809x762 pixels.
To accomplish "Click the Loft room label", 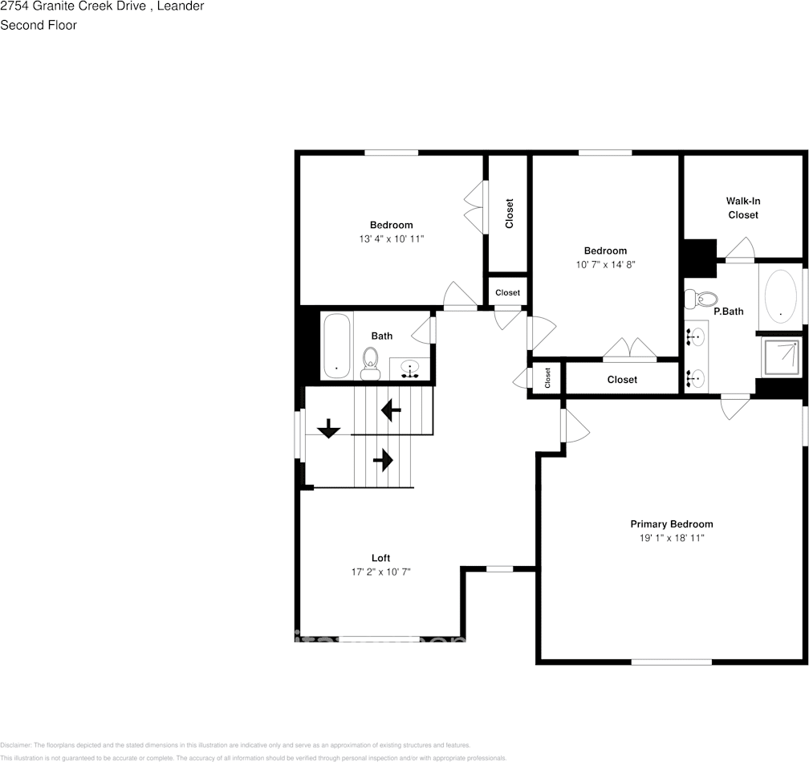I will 380,558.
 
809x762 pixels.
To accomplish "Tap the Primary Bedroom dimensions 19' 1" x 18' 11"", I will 671,538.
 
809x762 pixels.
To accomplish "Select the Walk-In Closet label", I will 742,208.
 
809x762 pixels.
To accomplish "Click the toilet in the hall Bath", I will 371,362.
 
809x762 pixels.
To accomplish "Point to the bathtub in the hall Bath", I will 336,345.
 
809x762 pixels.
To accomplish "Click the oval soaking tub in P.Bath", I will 781,295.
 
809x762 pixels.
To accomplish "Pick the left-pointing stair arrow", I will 391,411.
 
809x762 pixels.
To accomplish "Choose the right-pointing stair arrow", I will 383,460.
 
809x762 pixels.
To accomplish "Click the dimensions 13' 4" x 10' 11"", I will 391,239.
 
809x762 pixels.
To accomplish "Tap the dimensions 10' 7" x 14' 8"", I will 605,264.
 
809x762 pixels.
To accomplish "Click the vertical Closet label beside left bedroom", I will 509,214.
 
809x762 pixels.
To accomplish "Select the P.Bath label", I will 729,312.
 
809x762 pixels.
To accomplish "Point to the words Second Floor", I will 39,25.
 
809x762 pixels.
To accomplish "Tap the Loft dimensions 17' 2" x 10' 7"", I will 380,572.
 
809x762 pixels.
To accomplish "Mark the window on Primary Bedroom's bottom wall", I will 671,662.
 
